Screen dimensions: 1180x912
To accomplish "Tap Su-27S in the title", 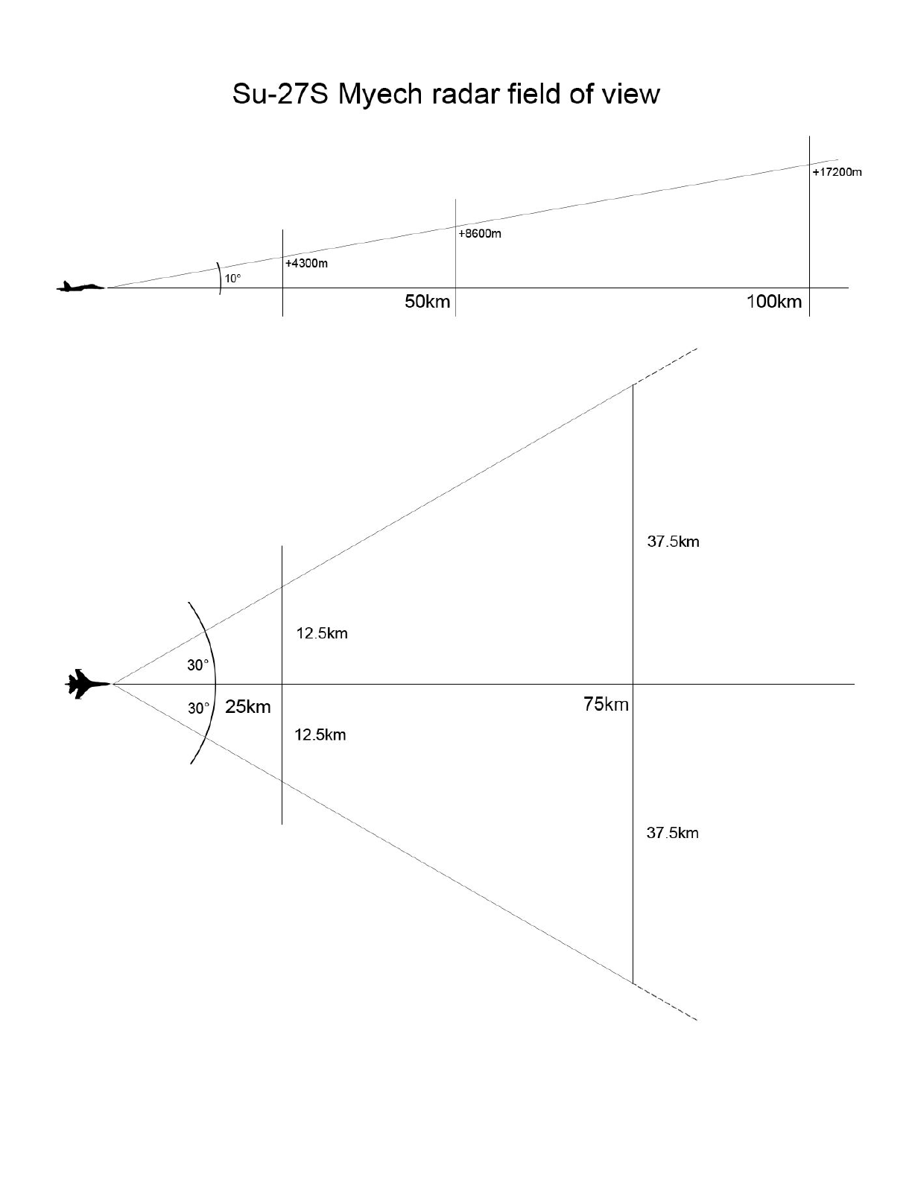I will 281,95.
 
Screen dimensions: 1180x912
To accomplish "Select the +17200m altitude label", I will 837,172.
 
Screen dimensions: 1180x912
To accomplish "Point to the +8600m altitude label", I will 480,234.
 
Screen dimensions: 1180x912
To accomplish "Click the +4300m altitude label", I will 306,264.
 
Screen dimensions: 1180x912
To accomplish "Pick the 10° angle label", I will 233,279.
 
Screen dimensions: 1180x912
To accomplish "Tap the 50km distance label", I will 427,302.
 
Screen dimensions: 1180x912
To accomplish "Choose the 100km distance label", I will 774,302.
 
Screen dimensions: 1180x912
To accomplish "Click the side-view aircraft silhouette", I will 81,286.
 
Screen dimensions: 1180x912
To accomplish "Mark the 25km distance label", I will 248,707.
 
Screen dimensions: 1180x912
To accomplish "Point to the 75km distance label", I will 606,704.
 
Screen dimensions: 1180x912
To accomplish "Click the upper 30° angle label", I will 198,665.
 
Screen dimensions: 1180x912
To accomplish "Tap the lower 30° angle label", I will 198,708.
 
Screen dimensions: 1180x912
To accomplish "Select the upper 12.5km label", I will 322,634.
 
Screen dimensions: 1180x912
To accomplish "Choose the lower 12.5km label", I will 320,735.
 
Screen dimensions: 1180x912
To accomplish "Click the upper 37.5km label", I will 673,542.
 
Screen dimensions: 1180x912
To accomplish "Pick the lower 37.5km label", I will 672,833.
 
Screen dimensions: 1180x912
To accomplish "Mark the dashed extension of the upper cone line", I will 665,367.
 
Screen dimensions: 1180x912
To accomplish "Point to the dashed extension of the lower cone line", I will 665,1002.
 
